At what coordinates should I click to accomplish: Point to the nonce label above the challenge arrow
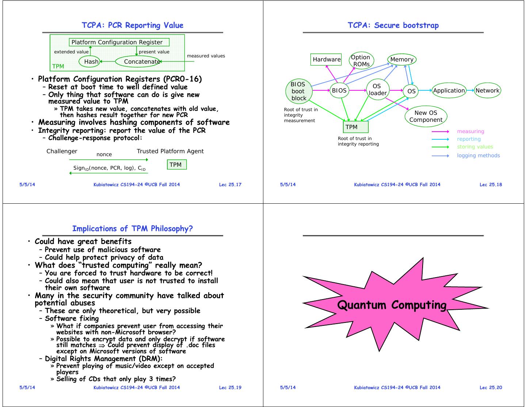(104, 154)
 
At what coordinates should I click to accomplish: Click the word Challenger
(62, 151)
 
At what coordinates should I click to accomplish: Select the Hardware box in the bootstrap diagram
(326, 59)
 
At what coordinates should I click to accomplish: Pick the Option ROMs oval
(361, 60)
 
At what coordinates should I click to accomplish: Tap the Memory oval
(401, 59)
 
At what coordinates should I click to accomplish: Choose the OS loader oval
(377, 90)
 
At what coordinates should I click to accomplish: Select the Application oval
(449, 90)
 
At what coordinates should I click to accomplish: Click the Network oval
(487, 90)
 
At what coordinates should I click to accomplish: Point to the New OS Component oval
(426, 116)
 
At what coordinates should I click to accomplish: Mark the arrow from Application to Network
(470, 90)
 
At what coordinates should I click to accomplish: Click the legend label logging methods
(478, 155)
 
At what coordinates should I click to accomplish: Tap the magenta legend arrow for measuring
(440, 131)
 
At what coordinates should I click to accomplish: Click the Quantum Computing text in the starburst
(392, 305)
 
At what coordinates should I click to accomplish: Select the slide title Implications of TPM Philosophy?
(132, 229)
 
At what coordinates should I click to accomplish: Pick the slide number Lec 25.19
(230, 387)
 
